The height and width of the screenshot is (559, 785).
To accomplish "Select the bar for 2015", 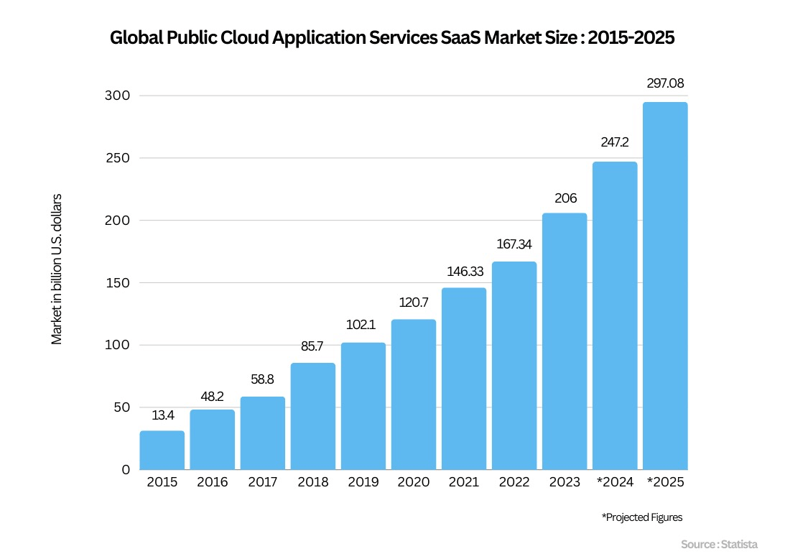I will [162, 451].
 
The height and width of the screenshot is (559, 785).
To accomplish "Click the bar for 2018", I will [312, 417].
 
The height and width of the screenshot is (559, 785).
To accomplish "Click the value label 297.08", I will [665, 83].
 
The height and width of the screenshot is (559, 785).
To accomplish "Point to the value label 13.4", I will [162, 415].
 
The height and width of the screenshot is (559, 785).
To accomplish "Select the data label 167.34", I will [514, 244].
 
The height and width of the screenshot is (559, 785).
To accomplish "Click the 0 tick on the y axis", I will [126, 469].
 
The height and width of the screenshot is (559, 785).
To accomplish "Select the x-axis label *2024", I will [615, 482].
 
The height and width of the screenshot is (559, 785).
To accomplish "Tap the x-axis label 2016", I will [212, 482].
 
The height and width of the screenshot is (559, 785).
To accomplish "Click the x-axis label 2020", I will [413, 482].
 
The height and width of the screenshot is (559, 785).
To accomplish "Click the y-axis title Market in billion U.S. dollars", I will [57, 269].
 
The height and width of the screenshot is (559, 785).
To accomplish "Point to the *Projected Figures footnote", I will [641, 517].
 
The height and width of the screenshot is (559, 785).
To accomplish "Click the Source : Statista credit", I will [719, 545].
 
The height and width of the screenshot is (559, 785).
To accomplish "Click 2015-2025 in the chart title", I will [631, 38].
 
